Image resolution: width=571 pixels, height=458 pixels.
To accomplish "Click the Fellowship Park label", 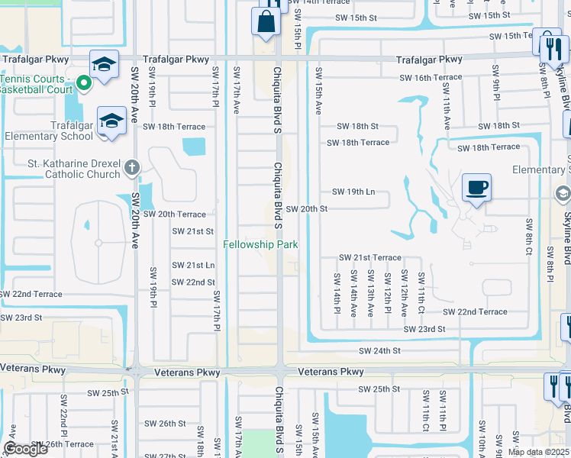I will (x=260, y=244).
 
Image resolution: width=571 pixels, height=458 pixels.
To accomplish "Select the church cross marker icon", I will (x=132, y=167).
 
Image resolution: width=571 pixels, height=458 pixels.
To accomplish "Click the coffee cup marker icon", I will (x=476, y=188).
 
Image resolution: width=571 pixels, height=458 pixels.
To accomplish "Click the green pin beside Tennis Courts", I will (x=85, y=84).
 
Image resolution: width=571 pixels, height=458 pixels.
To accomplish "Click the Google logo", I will (x=25, y=449).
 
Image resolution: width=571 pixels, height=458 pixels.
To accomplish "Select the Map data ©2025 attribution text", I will (x=538, y=452).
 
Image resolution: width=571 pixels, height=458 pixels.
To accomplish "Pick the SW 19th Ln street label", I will (x=353, y=192).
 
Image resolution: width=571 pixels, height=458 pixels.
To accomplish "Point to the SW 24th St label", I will (x=380, y=351).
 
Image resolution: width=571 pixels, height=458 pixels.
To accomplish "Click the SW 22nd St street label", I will (x=192, y=282).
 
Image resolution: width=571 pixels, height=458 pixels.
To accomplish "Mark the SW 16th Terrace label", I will (x=431, y=78).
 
